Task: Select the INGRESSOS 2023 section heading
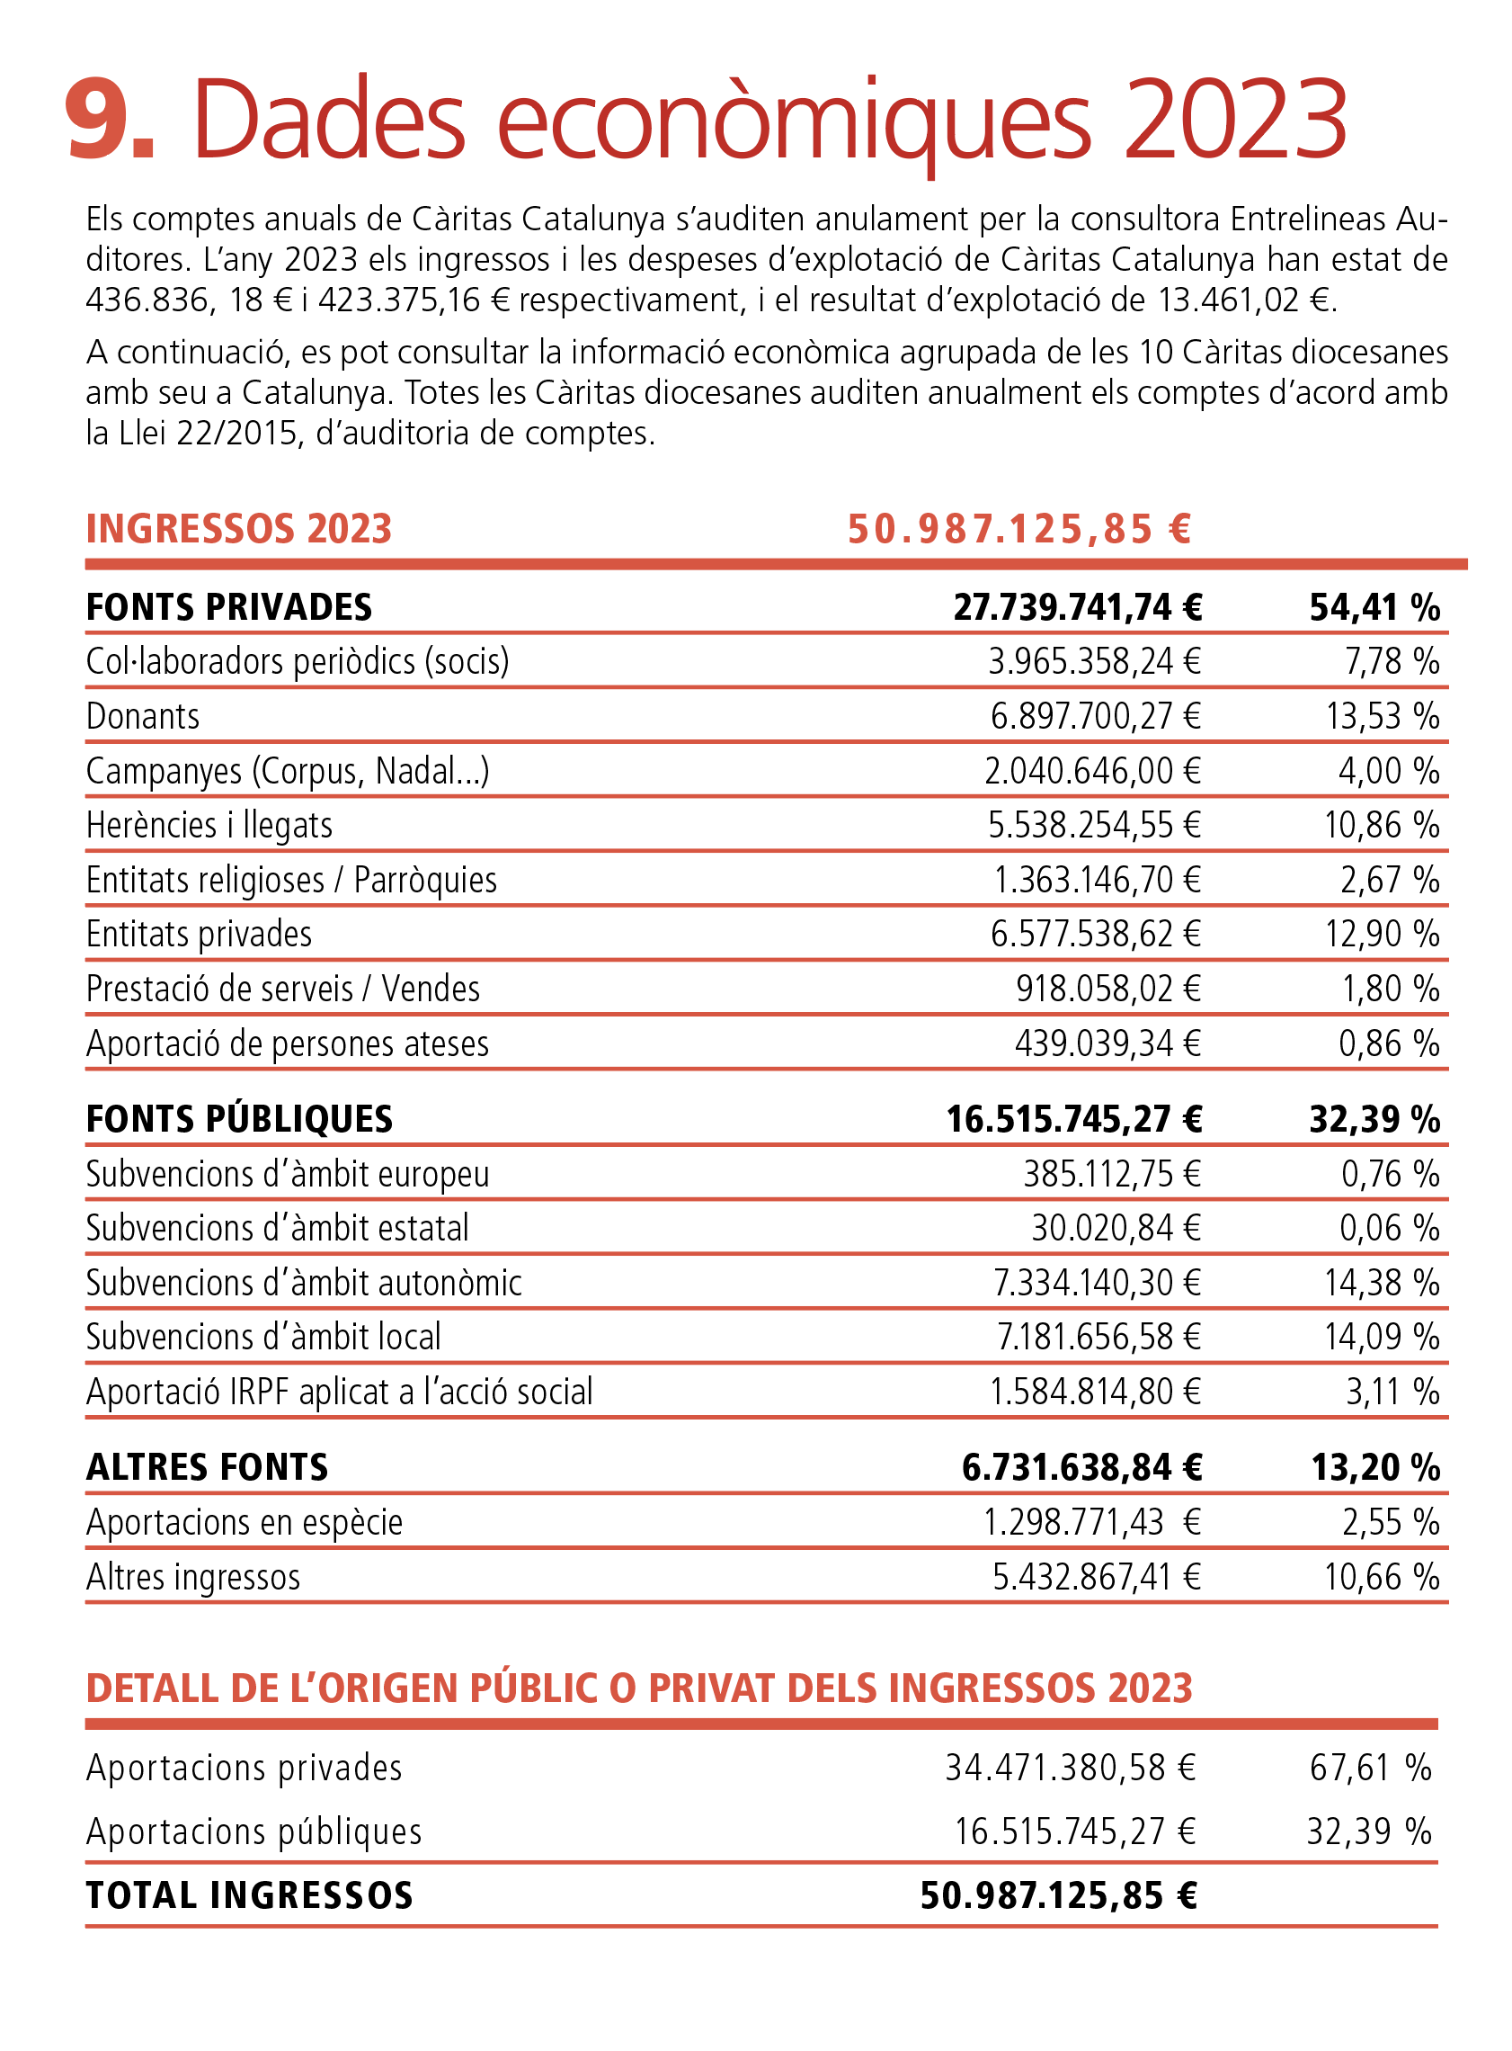(x=239, y=529)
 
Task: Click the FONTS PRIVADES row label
(x=229, y=608)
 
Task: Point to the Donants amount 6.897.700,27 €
(x=1096, y=716)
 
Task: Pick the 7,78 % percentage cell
(x=1392, y=661)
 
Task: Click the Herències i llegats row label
(x=209, y=825)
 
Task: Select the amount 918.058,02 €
(x=1108, y=989)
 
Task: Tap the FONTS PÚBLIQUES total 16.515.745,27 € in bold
(x=1074, y=1120)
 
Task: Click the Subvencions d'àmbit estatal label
(x=278, y=1228)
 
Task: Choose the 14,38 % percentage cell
(x=1383, y=1283)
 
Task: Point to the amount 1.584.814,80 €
(x=1096, y=1392)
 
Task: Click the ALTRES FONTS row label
(x=207, y=1468)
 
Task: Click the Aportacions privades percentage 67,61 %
(x=1371, y=1768)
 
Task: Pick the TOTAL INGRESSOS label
(x=250, y=1895)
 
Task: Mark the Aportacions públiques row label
(x=254, y=1832)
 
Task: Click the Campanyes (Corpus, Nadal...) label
(x=289, y=771)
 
